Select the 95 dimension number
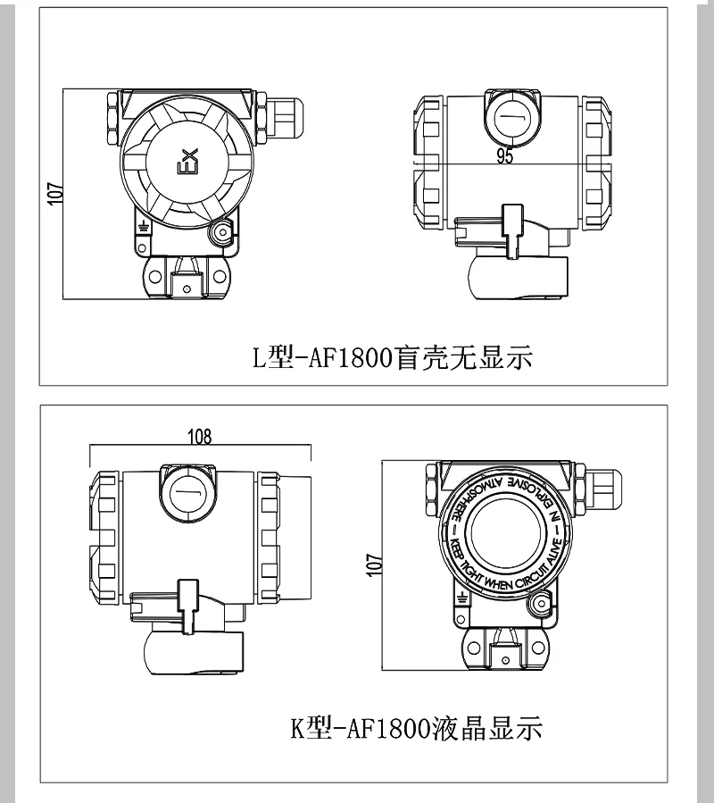point(504,156)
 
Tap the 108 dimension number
point(200,436)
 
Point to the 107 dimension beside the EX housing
point(56,194)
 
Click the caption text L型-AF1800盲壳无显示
point(392,359)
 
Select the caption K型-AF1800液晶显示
point(416,729)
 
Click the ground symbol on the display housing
point(461,597)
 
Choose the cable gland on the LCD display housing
point(600,489)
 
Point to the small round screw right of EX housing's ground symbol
point(219,233)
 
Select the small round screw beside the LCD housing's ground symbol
point(537,607)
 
